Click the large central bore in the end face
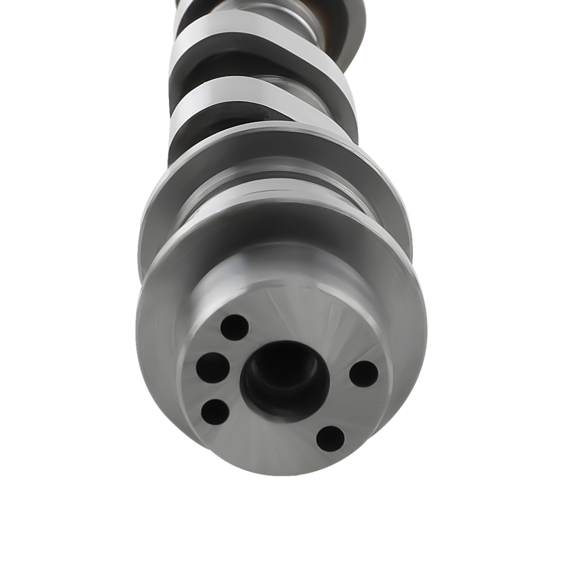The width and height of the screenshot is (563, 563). pyautogui.click(x=284, y=378)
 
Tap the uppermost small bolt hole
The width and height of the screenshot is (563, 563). pyautogui.click(x=234, y=327)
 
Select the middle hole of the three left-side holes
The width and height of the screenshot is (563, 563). pyautogui.click(x=213, y=368)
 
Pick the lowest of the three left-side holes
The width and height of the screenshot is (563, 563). pyautogui.click(x=215, y=412)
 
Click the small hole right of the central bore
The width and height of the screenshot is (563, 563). pyautogui.click(x=364, y=374)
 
